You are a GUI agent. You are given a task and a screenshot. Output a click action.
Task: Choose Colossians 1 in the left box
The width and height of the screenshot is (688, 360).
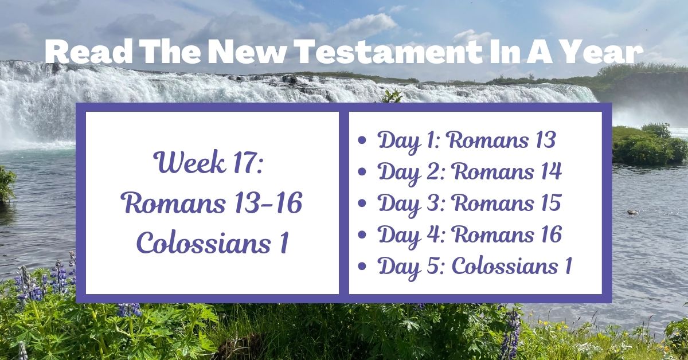click(212, 244)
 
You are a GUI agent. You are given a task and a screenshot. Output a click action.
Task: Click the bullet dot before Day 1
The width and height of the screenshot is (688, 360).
click(362, 141)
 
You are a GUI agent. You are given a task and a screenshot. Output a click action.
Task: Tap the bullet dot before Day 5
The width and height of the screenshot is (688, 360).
click(362, 267)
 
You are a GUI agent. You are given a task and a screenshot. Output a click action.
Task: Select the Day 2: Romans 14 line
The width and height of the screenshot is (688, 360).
click(469, 172)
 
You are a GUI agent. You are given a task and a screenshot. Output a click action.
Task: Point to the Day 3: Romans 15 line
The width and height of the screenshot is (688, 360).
click(469, 204)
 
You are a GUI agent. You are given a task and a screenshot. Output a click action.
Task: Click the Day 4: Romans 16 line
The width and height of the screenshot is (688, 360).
click(469, 235)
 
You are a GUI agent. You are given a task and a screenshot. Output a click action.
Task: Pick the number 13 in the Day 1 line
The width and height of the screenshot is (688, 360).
click(543, 140)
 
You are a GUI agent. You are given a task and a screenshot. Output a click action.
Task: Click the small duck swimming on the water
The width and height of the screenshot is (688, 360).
click(633, 212)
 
